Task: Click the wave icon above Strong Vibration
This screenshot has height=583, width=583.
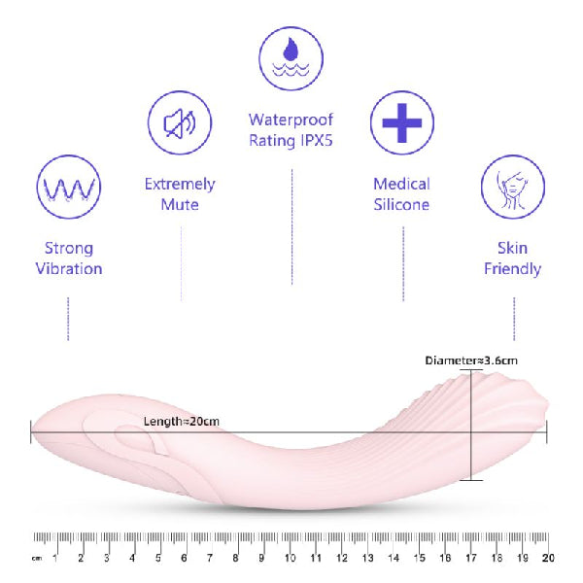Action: (x=67, y=187)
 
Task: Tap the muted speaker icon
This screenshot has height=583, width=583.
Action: (x=179, y=122)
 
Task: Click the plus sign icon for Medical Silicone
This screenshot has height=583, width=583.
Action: (x=401, y=122)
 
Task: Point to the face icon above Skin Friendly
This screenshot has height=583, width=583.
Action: (x=512, y=187)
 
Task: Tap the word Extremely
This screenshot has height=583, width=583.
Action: (x=180, y=184)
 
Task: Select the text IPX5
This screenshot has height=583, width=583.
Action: (x=311, y=140)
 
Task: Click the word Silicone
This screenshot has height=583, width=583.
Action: (x=401, y=205)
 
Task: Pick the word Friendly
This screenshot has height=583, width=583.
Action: (x=512, y=268)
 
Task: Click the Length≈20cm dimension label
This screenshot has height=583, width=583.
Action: (x=182, y=420)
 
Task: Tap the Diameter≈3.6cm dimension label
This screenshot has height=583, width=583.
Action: (x=471, y=360)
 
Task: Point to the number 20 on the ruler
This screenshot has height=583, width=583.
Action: (x=547, y=558)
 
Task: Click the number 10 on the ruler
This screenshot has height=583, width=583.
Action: (x=290, y=558)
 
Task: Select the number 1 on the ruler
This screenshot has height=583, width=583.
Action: (x=55, y=558)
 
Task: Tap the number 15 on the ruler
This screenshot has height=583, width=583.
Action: (x=419, y=558)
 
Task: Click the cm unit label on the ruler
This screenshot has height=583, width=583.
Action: (x=36, y=559)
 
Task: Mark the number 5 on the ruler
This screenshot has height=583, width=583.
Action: (x=158, y=558)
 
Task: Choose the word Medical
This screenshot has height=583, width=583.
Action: (x=401, y=184)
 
